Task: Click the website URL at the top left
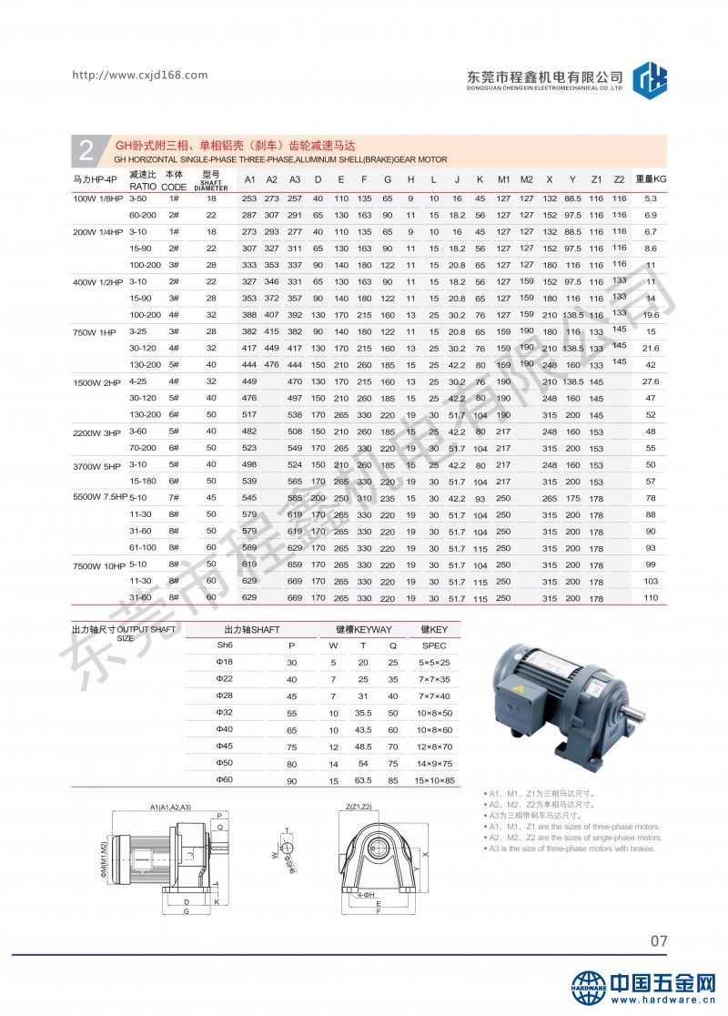pos(139,75)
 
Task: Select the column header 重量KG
pos(651,178)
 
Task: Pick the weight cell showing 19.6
pos(651,314)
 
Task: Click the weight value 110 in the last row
pos(651,597)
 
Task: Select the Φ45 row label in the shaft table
pos(224,747)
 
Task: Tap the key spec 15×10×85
pos(435,779)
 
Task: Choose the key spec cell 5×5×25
pos(435,663)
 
